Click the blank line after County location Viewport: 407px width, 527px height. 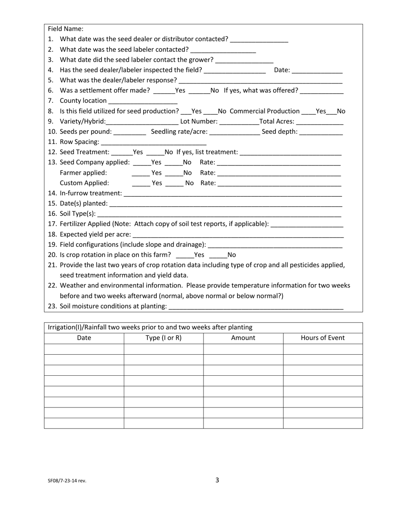[143, 101]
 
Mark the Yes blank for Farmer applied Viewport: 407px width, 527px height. [141, 173]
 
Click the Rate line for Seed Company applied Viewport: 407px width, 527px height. [279, 163]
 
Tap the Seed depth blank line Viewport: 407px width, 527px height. [321, 132]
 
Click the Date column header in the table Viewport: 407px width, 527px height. [84, 338]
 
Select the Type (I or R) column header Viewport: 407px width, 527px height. [164, 338]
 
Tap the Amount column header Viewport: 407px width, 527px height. [243, 338]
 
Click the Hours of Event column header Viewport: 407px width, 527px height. [323, 338]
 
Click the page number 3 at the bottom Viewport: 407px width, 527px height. [217, 480]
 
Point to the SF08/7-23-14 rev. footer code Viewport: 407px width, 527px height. [67, 481]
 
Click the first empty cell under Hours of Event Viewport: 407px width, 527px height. [323, 349]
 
